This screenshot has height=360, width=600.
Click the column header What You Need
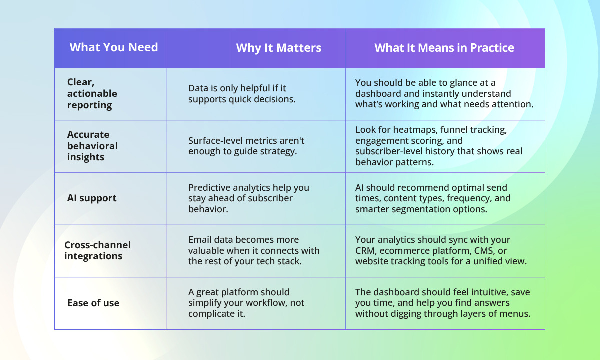coord(114,47)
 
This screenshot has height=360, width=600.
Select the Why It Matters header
coord(278,48)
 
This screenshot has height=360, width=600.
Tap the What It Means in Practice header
coord(444,48)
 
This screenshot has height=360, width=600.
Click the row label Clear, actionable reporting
coord(92,93)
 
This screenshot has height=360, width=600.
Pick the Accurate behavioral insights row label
coord(92,146)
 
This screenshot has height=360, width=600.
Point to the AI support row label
coord(92,198)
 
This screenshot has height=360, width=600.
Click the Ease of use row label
coord(93,303)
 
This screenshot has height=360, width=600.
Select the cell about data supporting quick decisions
coord(242,93)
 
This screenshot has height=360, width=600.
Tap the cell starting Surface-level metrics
coord(246,146)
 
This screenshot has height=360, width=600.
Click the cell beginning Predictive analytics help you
coord(248,198)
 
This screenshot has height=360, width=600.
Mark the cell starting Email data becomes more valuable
coord(254,250)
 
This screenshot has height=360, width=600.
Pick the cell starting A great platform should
coord(246,303)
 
